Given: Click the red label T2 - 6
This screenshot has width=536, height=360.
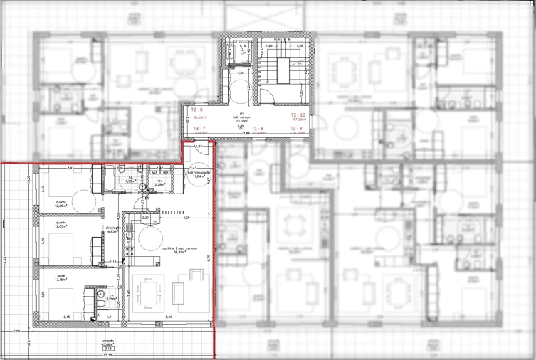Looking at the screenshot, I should [197, 110].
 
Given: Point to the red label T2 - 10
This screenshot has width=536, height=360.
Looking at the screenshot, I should [298, 115].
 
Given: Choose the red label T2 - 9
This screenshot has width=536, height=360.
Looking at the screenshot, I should [298, 128].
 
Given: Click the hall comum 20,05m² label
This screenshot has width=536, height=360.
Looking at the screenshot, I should [242, 117].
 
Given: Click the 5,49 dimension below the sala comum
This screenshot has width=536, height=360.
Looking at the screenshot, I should [169, 316].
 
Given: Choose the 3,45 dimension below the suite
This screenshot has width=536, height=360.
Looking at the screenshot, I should [66, 316].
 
